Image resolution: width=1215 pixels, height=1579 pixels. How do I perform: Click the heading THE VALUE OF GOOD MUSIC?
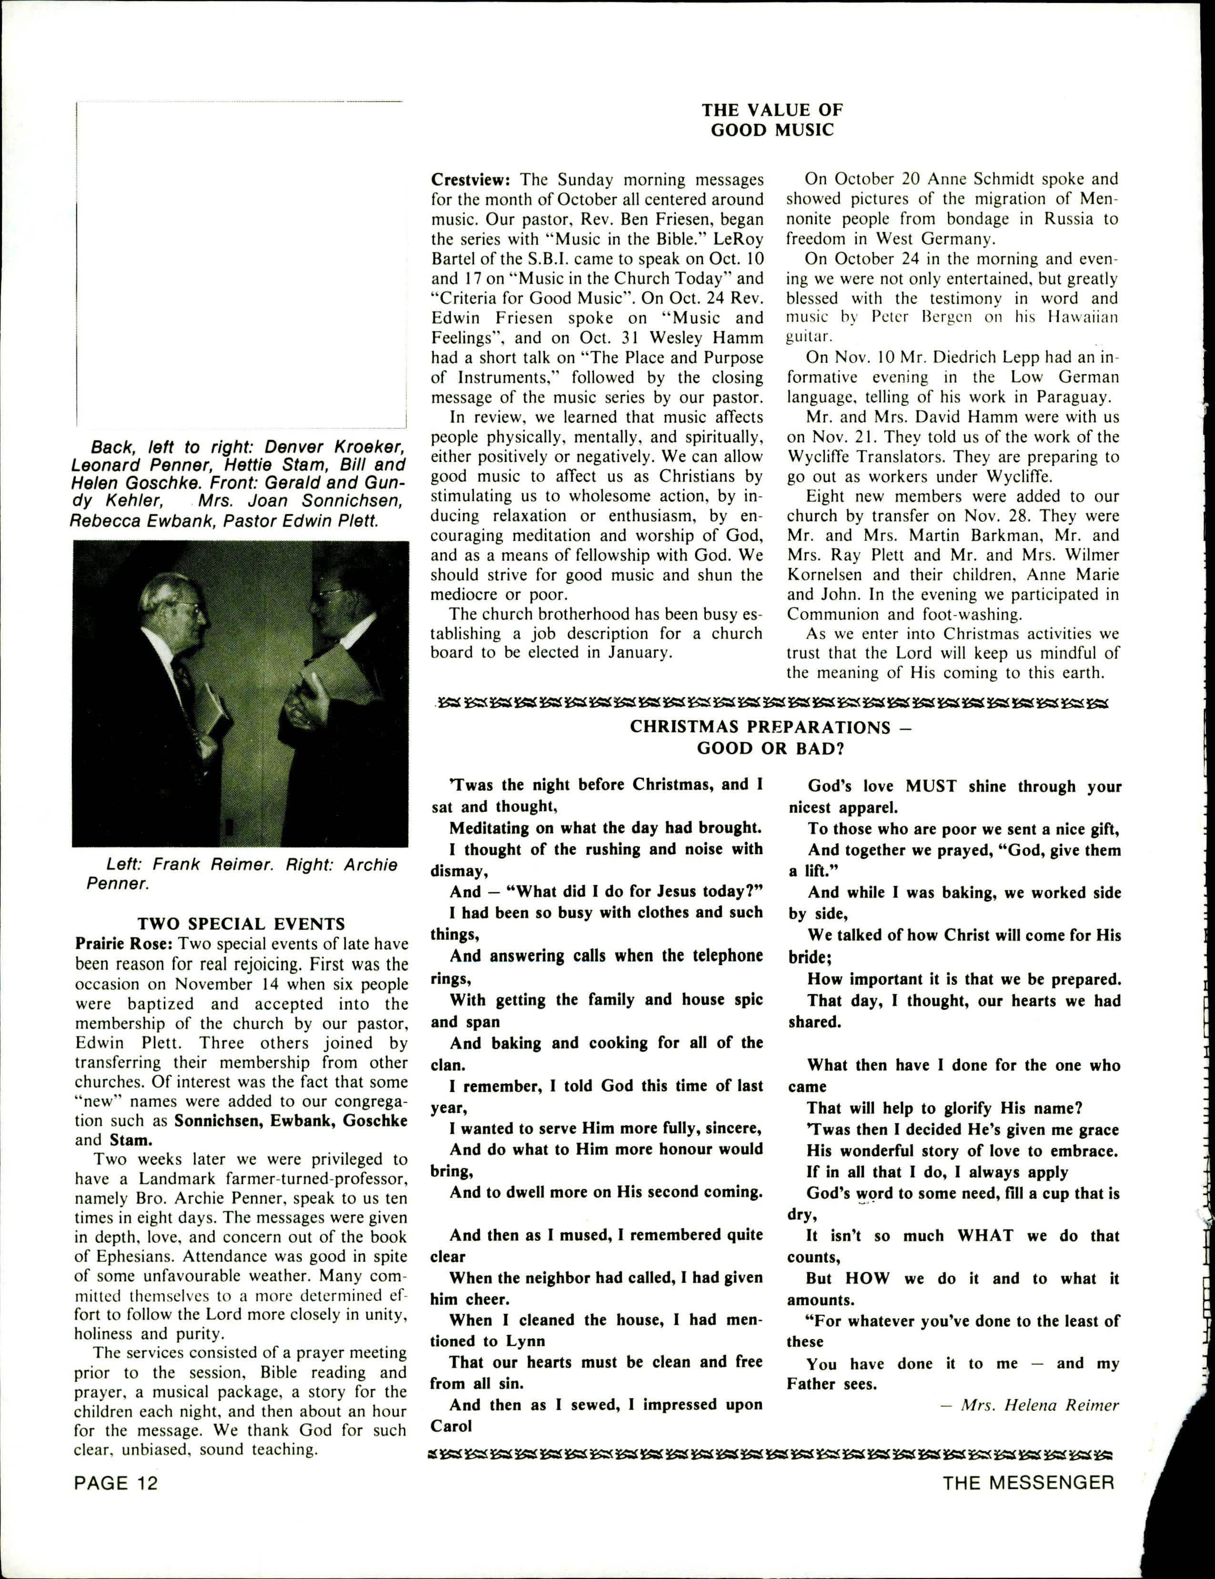772,120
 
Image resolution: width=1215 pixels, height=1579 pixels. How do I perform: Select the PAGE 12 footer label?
116,1483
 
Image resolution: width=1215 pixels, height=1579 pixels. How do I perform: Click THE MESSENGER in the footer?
1028,1483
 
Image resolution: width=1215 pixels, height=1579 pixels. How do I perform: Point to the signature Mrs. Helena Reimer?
1039,1405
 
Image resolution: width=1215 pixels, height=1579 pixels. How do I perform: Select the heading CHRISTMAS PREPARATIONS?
770,727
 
